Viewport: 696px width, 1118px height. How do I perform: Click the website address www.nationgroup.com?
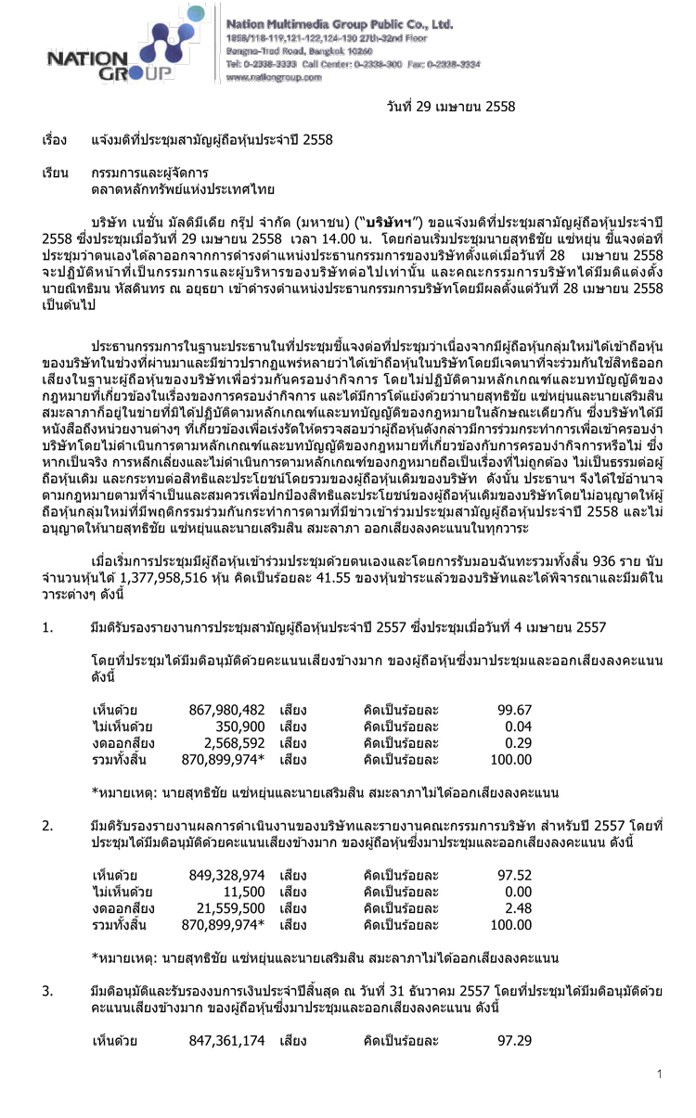pos(274,79)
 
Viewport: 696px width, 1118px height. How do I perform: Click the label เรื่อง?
pos(55,140)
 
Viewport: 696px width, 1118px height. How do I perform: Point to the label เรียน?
pos(55,173)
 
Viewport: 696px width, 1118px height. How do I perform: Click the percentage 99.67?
pos(514,711)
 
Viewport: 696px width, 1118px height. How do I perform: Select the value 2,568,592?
pos(235,743)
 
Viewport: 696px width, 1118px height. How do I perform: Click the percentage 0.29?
pos(518,743)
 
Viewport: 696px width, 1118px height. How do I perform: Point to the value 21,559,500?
pos(231,907)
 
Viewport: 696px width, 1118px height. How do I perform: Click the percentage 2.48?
pos(518,907)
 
